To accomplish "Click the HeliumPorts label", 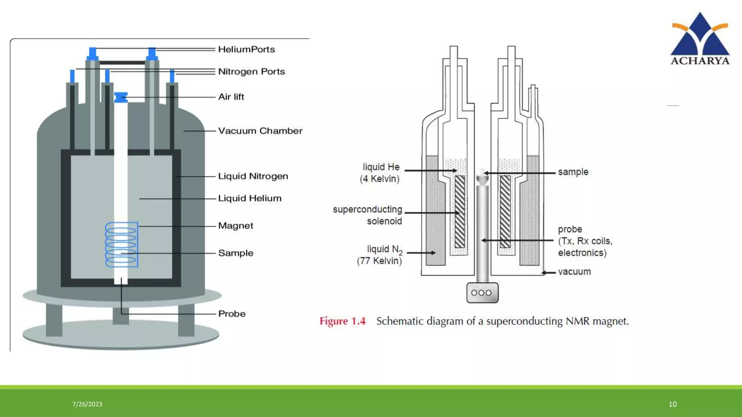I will tap(246, 49).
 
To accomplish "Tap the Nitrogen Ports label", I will tap(251, 72).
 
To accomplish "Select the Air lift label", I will tap(231, 97).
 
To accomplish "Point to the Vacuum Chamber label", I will tap(260, 131).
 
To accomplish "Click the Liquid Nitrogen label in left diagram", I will tap(253, 176).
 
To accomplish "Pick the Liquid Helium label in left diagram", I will tap(250, 198).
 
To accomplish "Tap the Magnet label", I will tap(235, 226).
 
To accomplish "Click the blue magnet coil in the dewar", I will tap(121, 245).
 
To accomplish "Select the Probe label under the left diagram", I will tap(232, 314).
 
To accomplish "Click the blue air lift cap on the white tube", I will tap(121, 97).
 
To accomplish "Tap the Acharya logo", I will tap(700, 39).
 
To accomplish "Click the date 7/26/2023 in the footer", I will tap(87, 404).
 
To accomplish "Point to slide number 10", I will tap(672, 404).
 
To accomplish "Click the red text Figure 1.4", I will tap(342, 321).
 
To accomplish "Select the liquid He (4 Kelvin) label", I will tap(380, 173).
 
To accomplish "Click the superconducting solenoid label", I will tap(367, 215).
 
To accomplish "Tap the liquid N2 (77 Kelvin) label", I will tap(380, 255).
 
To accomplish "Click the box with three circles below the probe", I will tap(482, 292).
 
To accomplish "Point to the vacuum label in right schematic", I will tap(574, 272).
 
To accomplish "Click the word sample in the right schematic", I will tap(573, 172).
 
